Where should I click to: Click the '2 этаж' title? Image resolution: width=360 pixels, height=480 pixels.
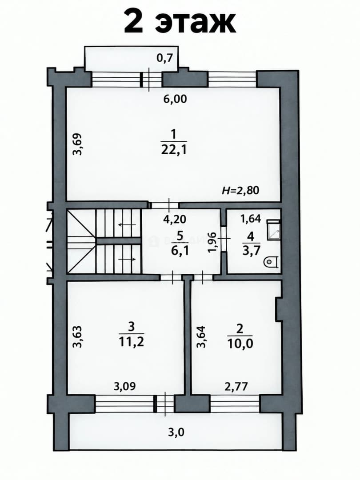(180, 21)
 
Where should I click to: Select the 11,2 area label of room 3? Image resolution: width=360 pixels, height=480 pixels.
(131, 342)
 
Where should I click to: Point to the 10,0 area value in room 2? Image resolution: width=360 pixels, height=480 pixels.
(240, 344)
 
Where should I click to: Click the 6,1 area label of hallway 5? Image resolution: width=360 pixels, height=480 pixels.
(180, 251)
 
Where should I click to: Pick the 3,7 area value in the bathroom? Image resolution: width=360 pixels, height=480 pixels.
(251, 250)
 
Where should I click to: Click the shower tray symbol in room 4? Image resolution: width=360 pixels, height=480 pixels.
(273, 229)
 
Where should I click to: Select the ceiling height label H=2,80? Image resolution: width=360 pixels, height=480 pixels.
(240, 190)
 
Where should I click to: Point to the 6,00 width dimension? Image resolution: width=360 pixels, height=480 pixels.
(175, 99)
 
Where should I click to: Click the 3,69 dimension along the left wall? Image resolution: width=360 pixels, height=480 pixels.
(78, 144)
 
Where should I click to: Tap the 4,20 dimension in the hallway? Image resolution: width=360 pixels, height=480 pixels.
(175, 219)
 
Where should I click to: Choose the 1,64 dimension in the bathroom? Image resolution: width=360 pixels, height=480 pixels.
(250, 219)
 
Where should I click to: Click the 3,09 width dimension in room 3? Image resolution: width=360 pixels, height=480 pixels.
(124, 386)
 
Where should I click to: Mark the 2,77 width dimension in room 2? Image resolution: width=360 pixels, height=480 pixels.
(236, 387)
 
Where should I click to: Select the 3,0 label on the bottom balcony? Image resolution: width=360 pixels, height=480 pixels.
(176, 432)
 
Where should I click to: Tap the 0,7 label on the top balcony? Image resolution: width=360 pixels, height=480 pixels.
(165, 57)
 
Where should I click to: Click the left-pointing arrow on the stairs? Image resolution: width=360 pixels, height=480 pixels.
(127, 225)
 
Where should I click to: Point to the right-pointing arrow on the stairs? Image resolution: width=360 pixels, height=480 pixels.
(127, 260)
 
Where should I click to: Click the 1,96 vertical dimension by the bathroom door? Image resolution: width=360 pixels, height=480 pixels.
(212, 243)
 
